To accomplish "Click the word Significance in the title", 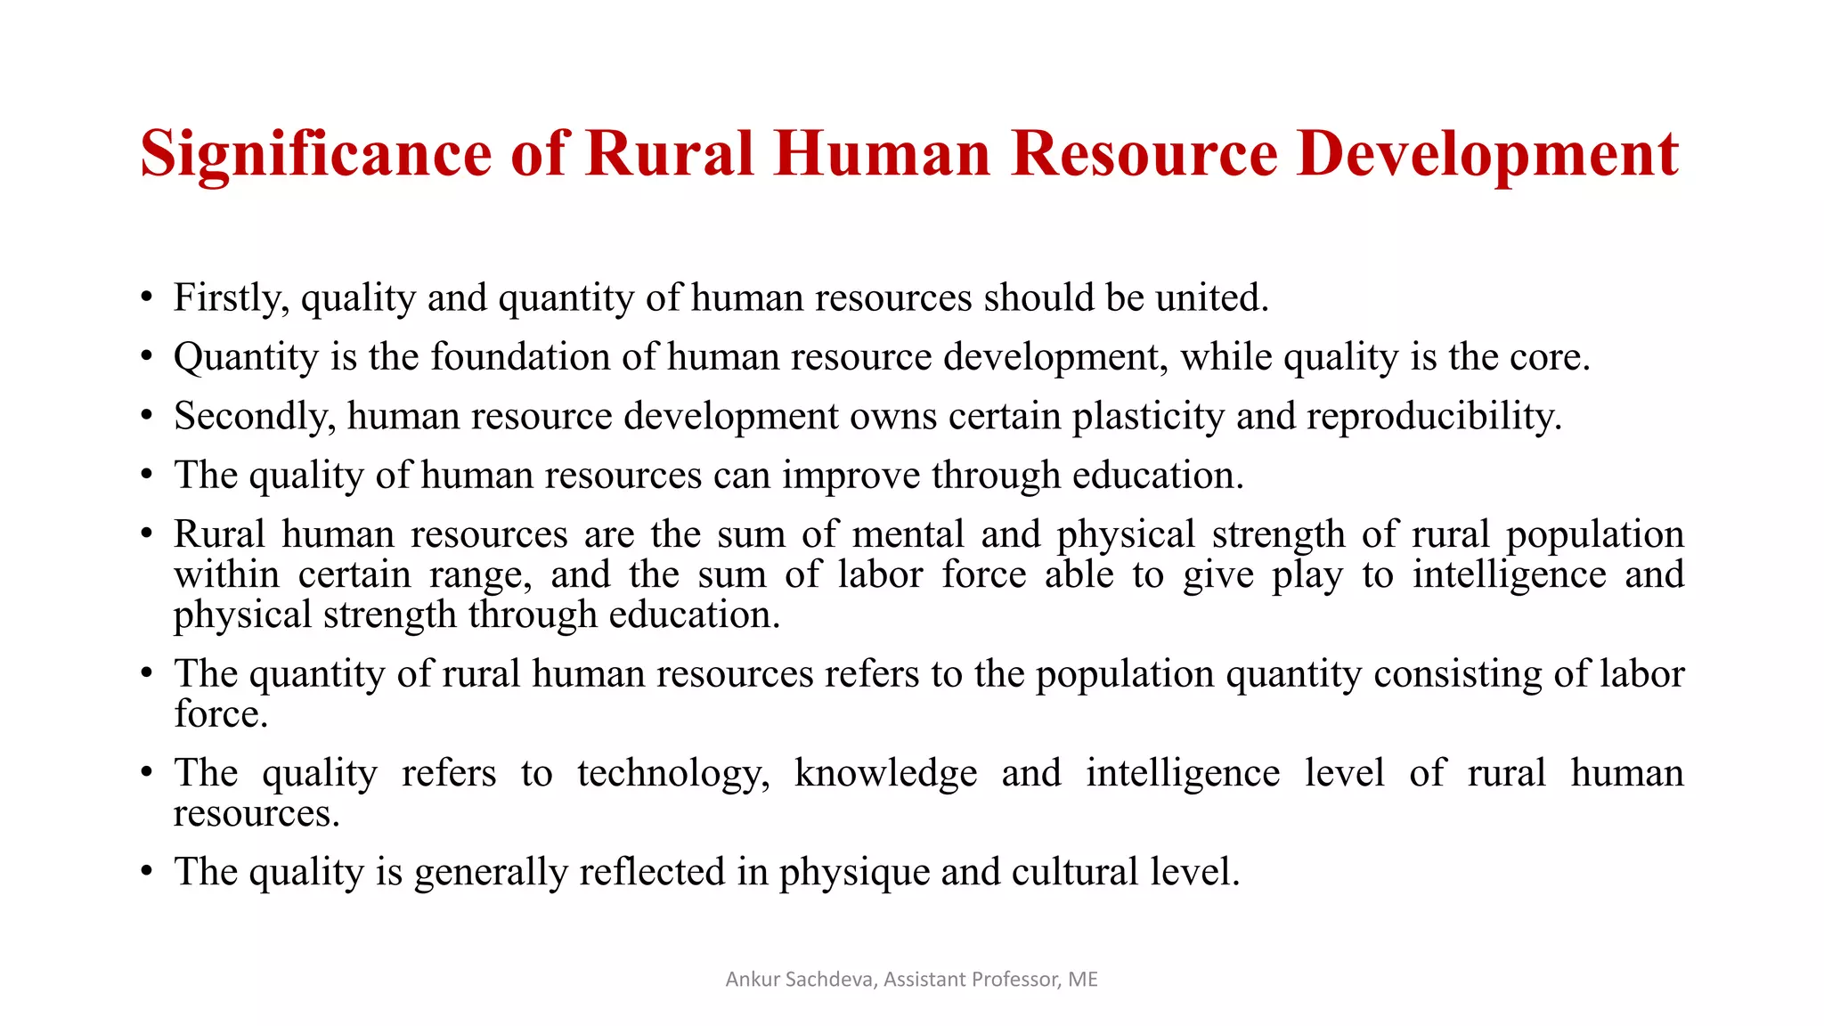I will pyautogui.click(x=315, y=155).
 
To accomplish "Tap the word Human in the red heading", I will pyautogui.click(x=882, y=153).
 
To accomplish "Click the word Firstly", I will pyautogui.click(x=231, y=298).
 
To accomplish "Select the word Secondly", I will pyautogui.click(x=255, y=417).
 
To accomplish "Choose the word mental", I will pyautogui.click(x=908, y=534).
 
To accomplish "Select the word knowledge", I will pyautogui.click(x=885, y=773).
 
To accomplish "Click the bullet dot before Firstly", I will pyautogui.click(x=146, y=298).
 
